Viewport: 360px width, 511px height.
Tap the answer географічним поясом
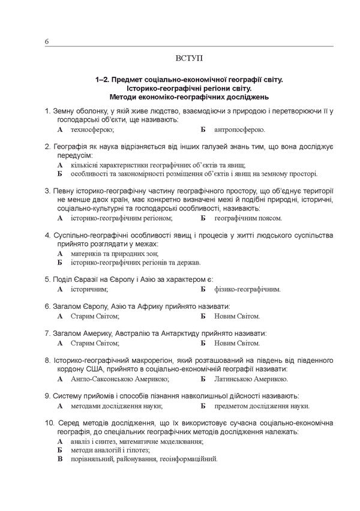click(248, 218)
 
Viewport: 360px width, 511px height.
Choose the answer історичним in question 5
click(89, 289)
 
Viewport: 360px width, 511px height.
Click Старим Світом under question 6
click(94, 315)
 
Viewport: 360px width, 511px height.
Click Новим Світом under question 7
click(237, 344)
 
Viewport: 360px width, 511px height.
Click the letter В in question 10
click(60, 459)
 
